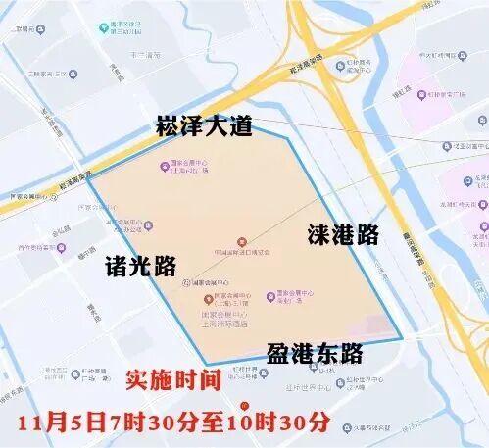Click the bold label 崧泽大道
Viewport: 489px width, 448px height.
click(204, 126)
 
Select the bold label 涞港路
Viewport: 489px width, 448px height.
click(342, 235)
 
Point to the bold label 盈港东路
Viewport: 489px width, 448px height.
click(314, 354)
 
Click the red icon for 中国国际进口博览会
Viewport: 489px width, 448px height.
click(242, 242)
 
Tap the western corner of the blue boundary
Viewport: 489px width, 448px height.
click(86, 177)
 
